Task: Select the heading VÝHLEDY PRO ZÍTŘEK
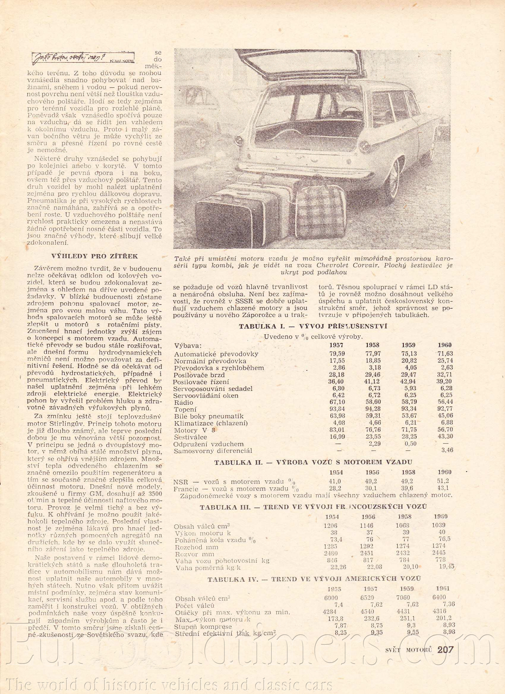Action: (95, 256)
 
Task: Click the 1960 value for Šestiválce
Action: (445, 436)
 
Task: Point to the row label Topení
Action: (185, 409)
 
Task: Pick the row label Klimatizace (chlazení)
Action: (211, 423)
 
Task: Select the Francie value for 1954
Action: (335, 489)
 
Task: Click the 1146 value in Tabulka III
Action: (366, 525)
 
